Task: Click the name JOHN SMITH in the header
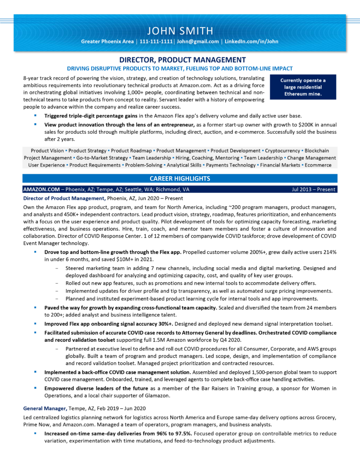pos(180,31)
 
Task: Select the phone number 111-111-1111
pos(156,41)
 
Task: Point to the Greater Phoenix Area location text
pos(107,41)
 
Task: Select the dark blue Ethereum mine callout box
pos(303,87)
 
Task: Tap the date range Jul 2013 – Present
pos(314,189)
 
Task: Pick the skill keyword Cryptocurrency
pos(282,151)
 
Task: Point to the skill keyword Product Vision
pos(47,151)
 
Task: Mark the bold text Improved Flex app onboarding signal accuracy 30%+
pos(108,324)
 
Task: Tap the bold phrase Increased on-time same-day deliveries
pos(102,433)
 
